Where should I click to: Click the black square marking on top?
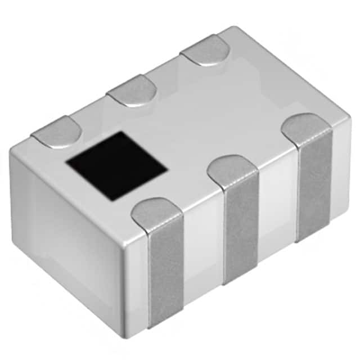(x=116, y=166)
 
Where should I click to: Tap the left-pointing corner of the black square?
(x=67, y=163)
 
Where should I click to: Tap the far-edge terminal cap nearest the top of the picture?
(x=205, y=51)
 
